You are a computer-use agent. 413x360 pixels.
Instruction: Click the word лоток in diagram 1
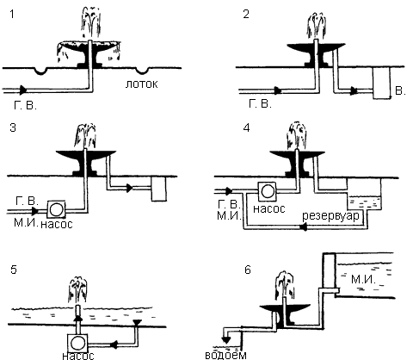[x=141, y=84]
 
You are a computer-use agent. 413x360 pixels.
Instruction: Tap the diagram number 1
[x=12, y=14]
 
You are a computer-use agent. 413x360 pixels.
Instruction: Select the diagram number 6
[x=248, y=270]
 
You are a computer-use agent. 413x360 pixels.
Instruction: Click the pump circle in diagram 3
[x=56, y=209]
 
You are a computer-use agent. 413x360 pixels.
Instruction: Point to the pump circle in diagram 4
[x=268, y=191]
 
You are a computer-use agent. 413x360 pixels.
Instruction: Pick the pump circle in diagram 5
[x=77, y=343]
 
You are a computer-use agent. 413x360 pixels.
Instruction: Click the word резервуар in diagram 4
[x=330, y=215]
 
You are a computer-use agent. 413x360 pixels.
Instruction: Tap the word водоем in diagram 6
[x=225, y=355]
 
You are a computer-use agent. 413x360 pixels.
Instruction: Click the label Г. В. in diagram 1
[x=25, y=105]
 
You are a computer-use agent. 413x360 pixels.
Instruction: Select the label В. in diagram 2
[x=400, y=90]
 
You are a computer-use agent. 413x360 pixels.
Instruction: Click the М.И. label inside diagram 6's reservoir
[x=363, y=279]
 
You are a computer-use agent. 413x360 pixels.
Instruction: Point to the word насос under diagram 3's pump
[x=57, y=224]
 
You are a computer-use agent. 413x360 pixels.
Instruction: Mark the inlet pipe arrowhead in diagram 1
[x=23, y=90]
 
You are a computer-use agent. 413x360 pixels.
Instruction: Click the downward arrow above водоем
[x=226, y=340]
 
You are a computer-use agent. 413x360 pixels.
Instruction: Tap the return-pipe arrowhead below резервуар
[x=304, y=227]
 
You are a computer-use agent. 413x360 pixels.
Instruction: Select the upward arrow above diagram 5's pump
[x=78, y=318]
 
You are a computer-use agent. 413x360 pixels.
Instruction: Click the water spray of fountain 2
[x=317, y=27]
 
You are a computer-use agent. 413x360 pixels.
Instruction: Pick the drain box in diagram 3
[x=158, y=189]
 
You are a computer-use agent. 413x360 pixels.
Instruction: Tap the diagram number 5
[x=13, y=270]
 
